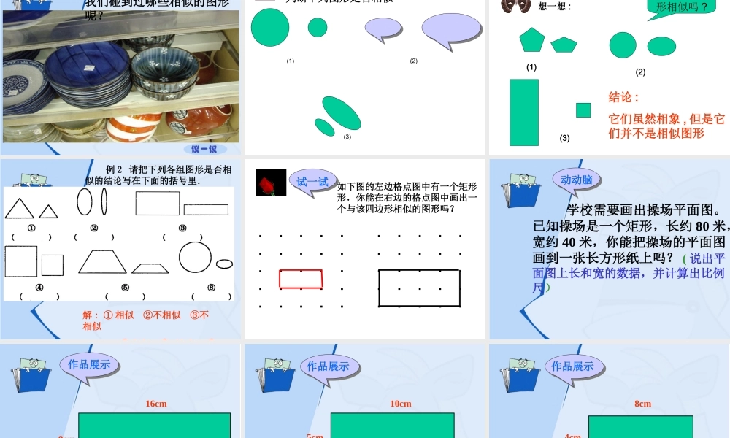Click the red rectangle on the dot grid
click(301, 279)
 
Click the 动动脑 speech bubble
click(576, 180)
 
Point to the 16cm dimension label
click(156, 404)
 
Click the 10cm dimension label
click(401, 404)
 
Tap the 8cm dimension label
click(642, 404)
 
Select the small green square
click(583, 110)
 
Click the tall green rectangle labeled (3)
click(524, 112)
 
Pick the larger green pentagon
click(532, 39)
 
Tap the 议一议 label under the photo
click(204, 149)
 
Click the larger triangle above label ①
click(20, 209)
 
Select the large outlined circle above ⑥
click(195, 256)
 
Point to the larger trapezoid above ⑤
click(103, 261)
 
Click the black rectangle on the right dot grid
click(419, 288)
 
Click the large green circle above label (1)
click(270, 28)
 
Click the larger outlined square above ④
click(21, 261)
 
